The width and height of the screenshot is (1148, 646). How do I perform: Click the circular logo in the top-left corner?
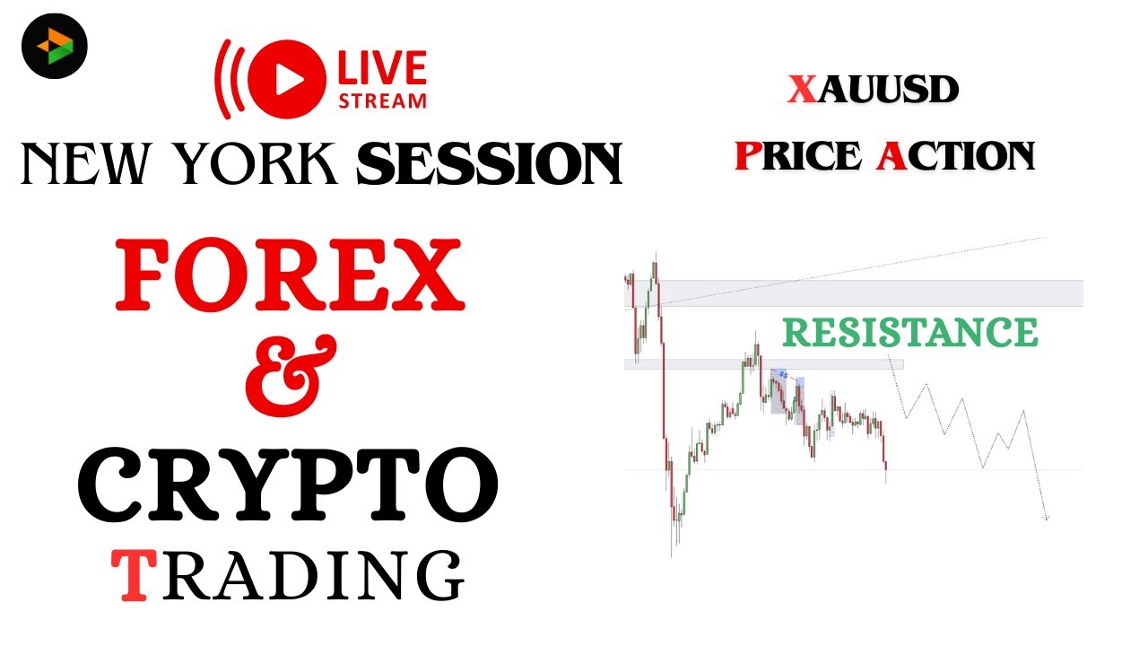click(55, 45)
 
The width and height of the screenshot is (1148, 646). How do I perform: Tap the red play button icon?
click(289, 79)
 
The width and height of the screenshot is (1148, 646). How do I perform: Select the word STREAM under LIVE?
click(382, 100)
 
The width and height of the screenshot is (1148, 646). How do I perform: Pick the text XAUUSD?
click(874, 90)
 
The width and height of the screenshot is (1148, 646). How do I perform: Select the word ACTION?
click(956, 155)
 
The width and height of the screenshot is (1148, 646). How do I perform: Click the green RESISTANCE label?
click(909, 332)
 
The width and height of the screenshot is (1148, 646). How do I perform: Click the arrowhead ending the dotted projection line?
click(1046, 518)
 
